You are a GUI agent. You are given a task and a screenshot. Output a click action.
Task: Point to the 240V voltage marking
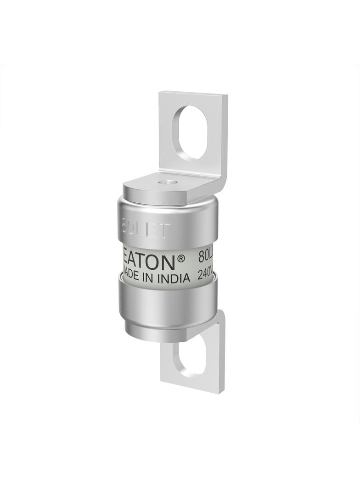click(x=205, y=276)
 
